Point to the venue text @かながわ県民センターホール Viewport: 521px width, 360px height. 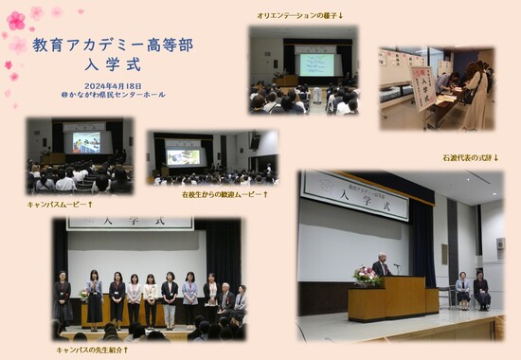click(x=99, y=95)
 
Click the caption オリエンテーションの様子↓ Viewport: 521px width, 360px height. click(x=300, y=15)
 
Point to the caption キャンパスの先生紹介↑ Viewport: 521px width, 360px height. click(x=93, y=350)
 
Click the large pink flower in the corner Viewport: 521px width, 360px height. click(x=16, y=20)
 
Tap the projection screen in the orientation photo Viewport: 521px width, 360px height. click(x=315, y=63)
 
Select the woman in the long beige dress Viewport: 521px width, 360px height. click(x=476, y=99)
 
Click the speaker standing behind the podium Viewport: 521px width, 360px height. click(x=381, y=267)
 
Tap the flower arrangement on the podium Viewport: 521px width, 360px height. click(x=365, y=276)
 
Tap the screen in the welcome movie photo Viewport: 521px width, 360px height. click(x=184, y=155)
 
